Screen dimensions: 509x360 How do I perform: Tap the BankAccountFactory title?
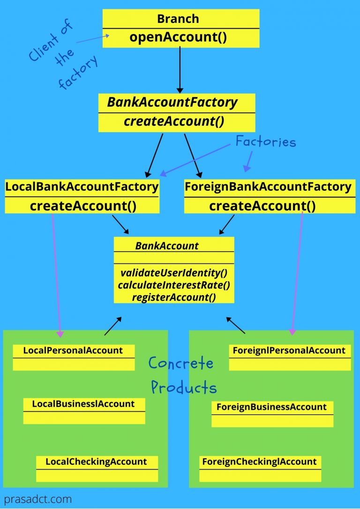(x=172, y=103)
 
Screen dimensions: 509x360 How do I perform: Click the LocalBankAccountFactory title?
(x=82, y=187)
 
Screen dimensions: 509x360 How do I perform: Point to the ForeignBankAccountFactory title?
(x=268, y=187)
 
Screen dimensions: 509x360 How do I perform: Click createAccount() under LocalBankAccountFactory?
(x=83, y=206)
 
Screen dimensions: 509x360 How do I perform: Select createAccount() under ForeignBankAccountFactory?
(x=262, y=206)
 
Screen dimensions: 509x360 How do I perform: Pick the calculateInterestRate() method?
(x=174, y=285)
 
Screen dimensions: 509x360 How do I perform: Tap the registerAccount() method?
(x=174, y=297)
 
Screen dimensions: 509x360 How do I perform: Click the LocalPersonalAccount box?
(x=73, y=357)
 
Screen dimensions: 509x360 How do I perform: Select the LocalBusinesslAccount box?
(x=83, y=411)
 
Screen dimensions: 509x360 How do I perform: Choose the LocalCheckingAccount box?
(x=96, y=468)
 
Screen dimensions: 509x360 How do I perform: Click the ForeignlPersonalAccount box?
(x=289, y=357)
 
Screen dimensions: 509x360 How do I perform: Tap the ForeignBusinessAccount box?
(x=272, y=413)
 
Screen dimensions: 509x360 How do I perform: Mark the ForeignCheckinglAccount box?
(x=260, y=468)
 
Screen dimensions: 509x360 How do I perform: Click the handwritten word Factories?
(x=265, y=141)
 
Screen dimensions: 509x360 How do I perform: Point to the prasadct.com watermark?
(x=38, y=499)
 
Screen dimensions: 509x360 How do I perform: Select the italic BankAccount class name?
(x=167, y=246)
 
